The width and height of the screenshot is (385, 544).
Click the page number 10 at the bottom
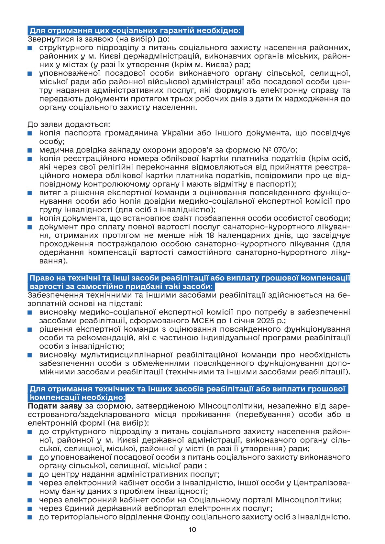click(x=192, y=529)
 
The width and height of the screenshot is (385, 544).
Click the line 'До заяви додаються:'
click(x=69, y=124)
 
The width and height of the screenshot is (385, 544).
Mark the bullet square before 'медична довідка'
click(x=30, y=150)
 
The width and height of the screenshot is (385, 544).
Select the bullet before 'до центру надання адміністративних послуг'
click(x=30, y=475)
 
